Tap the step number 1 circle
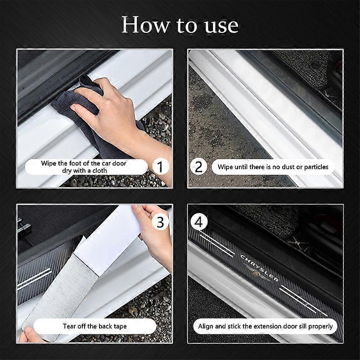[160, 167]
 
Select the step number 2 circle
[199, 167]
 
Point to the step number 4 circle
[199, 222]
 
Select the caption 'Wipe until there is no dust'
[273, 167]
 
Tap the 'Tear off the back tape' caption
[89, 326]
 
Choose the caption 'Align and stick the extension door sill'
[265, 326]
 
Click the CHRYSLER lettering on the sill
[261, 267]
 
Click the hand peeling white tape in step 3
[153, 234]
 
